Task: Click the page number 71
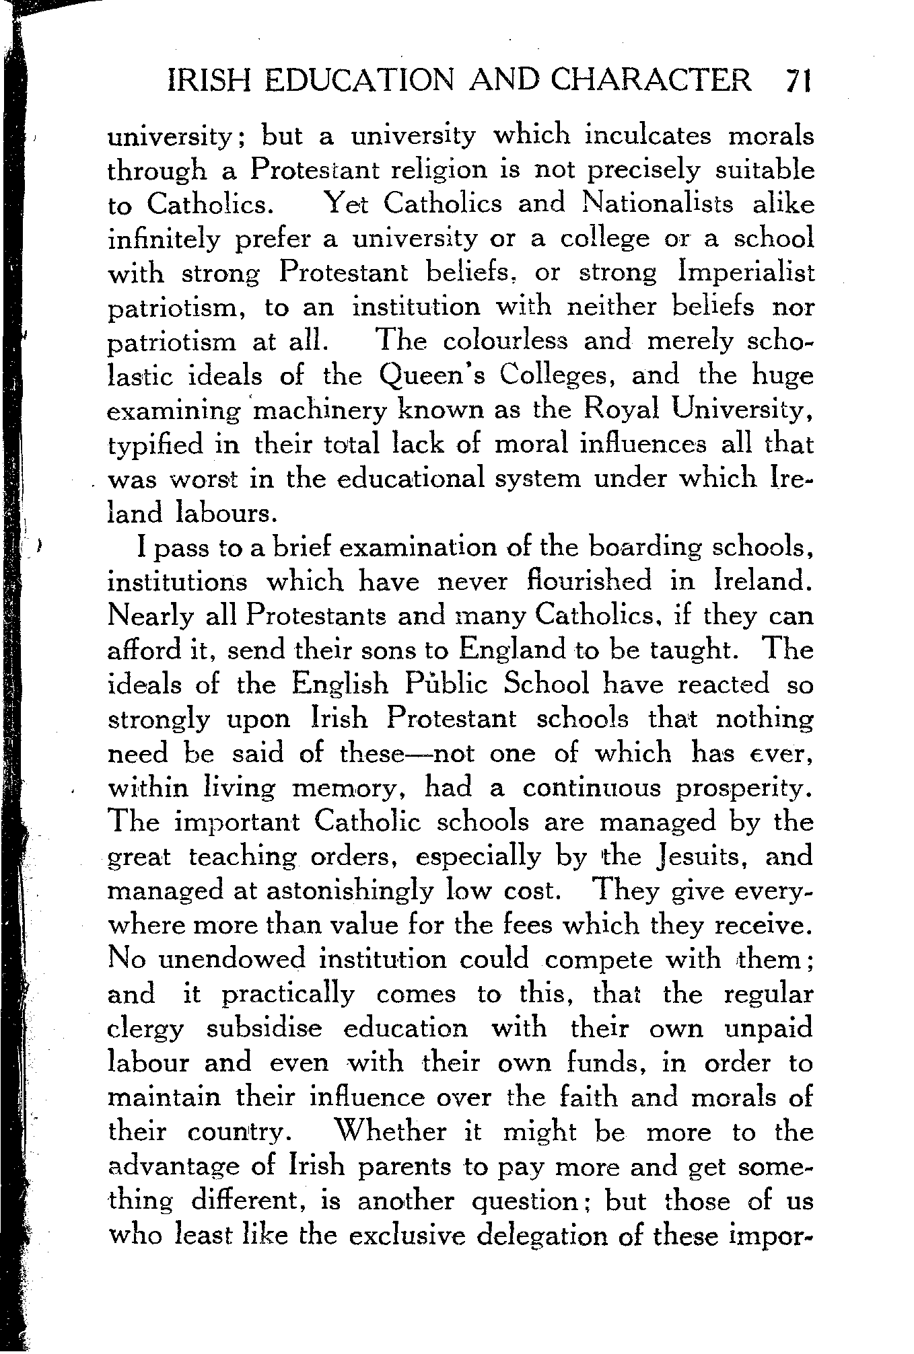(798, 81)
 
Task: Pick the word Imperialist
(747, 273)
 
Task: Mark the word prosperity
(744, 788)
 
